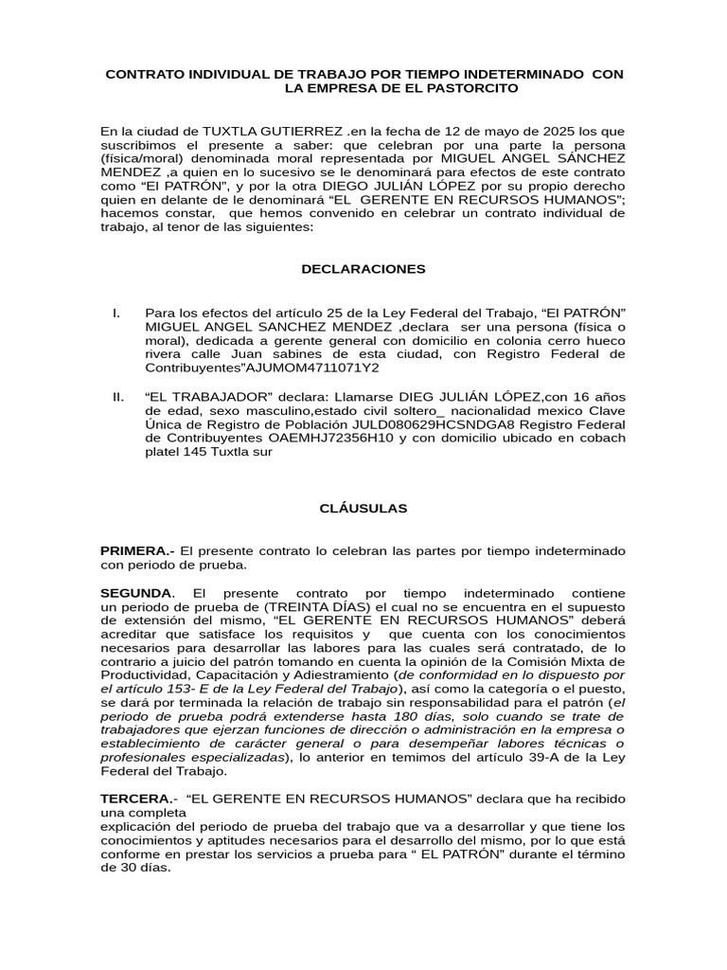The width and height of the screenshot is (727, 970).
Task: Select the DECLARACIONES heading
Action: pyautogui.click(x=363, y=269)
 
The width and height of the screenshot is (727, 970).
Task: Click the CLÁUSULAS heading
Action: pyautogui.click(x=363, y=509)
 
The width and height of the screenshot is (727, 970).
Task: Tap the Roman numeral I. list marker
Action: pyautogui.click(x=115, y=313)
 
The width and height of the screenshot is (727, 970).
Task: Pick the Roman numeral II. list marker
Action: pyautogui.click(x=117, y=396)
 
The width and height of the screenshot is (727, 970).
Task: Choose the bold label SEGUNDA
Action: pyautogui.click(x=136, y=592)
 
